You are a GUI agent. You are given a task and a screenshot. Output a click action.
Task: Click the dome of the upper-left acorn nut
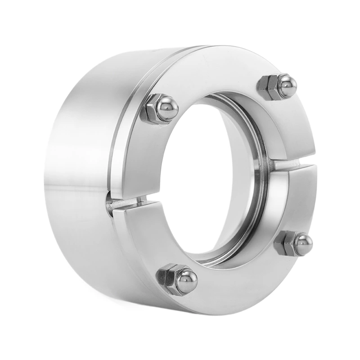point(167,108)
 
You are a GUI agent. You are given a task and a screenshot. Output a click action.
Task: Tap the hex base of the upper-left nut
point(151,109)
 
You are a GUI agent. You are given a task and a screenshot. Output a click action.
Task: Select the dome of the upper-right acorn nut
point(287,85)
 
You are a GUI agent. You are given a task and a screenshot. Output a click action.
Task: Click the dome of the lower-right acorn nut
point(302,244)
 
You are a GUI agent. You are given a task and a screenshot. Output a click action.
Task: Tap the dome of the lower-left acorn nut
point(186,280)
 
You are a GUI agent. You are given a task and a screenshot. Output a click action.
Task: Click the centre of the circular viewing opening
point(202,180)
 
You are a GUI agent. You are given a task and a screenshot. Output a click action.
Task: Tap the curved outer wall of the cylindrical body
point(76,180)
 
